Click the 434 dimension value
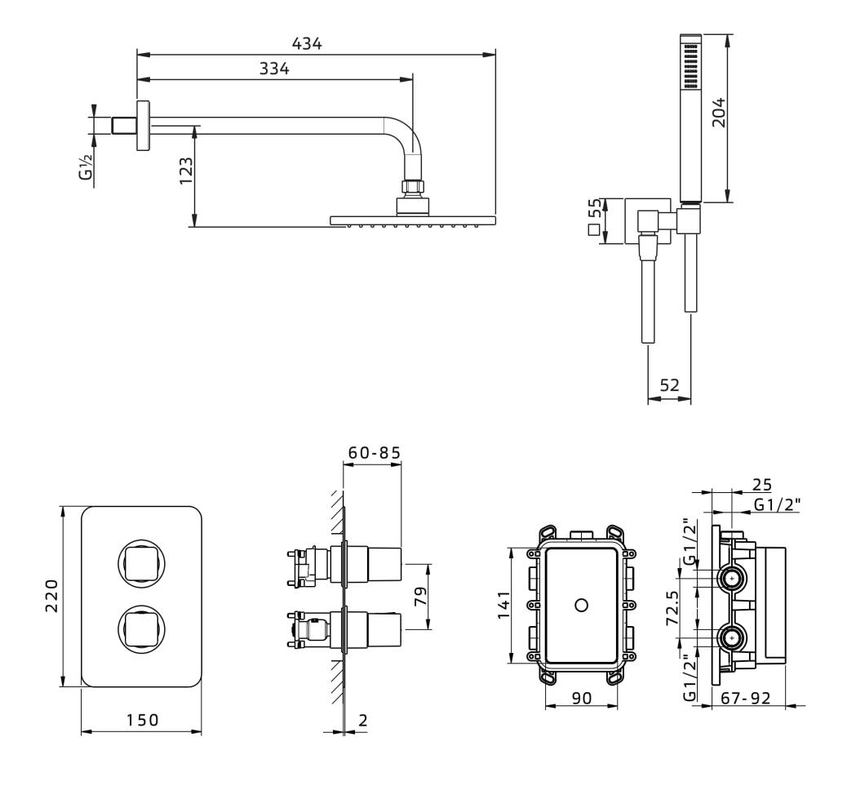[x=307, y=44]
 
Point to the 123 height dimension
[x=185, y=173]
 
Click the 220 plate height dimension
[x=51, y=597]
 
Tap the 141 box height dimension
[x=503, y=605]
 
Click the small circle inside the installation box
[x=581, y=606]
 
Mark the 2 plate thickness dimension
[x=362, y=721]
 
